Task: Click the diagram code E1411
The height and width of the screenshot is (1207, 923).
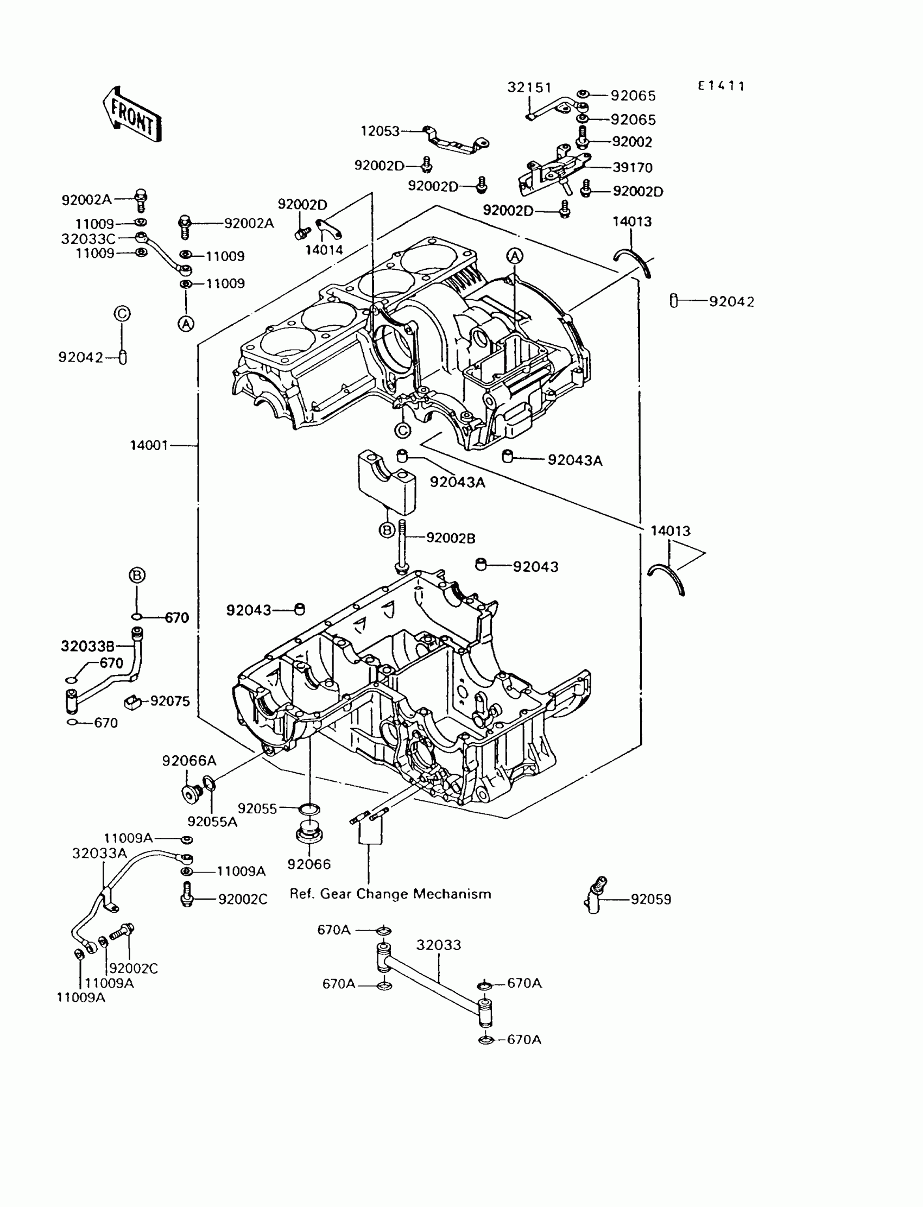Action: click(x=722, y=86)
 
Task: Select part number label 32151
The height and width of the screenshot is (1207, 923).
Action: click(x=529, y=87)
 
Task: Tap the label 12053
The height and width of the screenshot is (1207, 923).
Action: click(x=380, y=131)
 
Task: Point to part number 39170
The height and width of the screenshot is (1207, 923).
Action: click(x=633, y=168)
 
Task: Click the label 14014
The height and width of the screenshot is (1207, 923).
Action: click(x=324, y=250)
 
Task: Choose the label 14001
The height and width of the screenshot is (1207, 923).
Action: click(x=149, y=445)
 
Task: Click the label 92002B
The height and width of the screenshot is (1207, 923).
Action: click(x=451, y=539)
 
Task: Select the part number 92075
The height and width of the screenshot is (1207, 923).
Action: click(x=170, y=701)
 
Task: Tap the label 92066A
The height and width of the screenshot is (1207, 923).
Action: click(x=189, y=761)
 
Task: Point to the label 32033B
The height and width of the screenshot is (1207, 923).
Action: click(x=88, y=646)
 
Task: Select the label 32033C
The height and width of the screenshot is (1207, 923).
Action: click(x=88, y=239)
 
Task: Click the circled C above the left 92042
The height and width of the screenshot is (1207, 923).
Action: click(x=122, y=314)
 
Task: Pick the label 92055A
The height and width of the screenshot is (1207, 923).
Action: click(x=213, y=821)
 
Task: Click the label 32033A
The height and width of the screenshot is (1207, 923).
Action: click(x=99, y=853)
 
